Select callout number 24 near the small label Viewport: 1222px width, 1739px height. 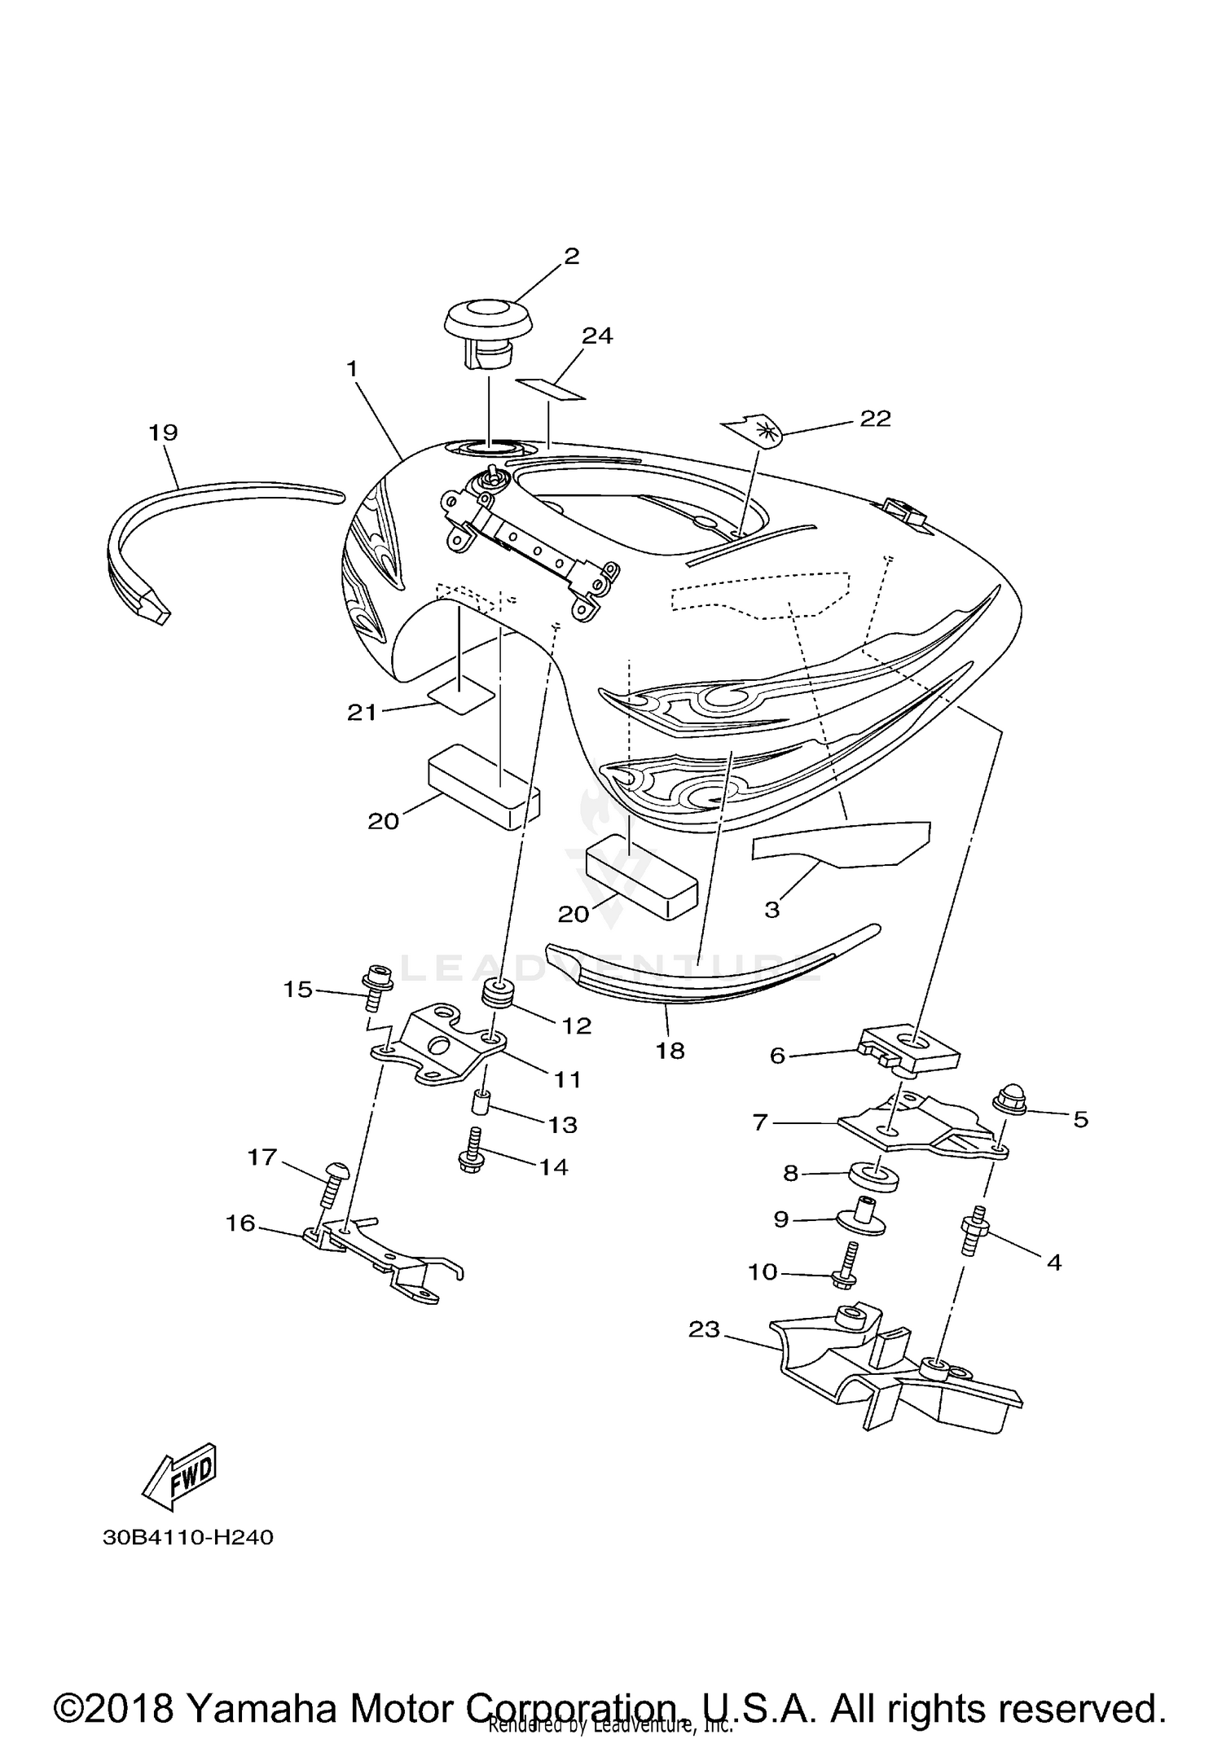coord(597,336)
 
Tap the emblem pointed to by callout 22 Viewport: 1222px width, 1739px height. coord(754,430)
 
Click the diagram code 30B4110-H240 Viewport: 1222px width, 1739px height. coord(188,1537)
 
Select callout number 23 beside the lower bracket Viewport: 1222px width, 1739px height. coord(704,1330)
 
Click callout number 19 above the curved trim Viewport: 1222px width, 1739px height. coord(163,432)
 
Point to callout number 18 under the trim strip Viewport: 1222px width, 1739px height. coord(670,1051)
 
